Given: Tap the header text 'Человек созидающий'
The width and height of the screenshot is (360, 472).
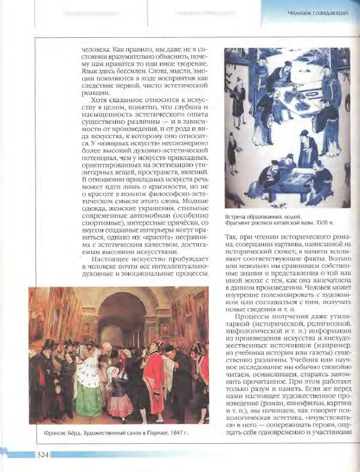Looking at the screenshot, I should pos(317,13).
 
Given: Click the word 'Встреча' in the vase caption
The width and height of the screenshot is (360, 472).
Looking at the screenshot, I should pos(239,216).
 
